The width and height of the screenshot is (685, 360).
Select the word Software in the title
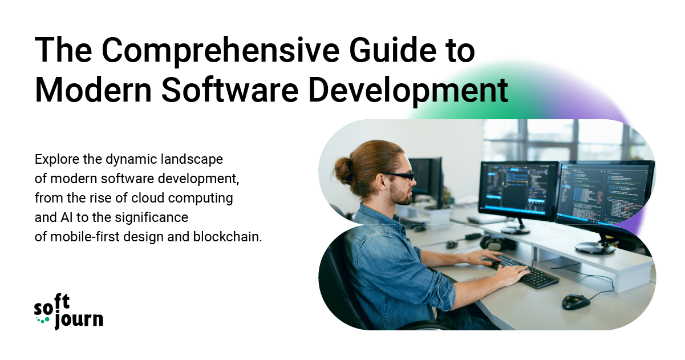[x=230, y=90]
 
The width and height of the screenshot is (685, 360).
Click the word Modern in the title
[x=94, y=90]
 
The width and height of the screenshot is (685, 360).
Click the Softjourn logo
[x=68, y=312]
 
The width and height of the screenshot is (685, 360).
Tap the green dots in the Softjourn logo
[x=43, y=320]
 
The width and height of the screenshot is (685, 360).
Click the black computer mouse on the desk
[x=575, y=302]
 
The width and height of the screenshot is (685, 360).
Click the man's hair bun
[x=344, y=171]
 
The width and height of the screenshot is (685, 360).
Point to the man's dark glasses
[x=398, y=176]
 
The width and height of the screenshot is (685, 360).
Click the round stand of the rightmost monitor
[x=595, y=248]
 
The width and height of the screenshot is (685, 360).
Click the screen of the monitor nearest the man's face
[x=518, y=189]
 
